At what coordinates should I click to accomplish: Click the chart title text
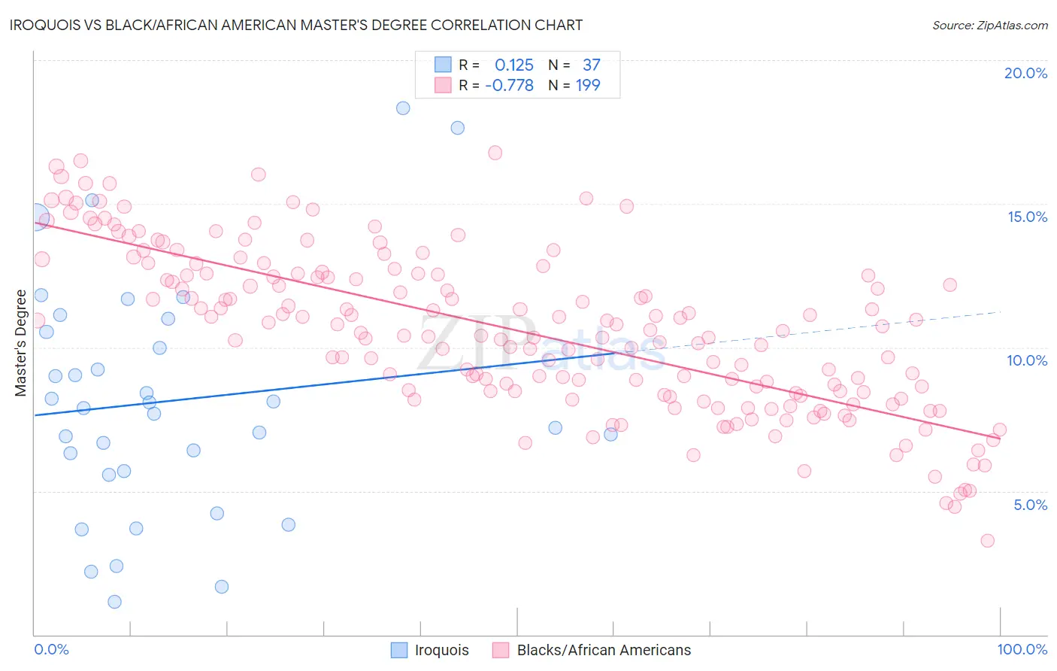pos(297,25)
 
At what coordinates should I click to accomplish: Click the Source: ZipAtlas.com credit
pos(989,25)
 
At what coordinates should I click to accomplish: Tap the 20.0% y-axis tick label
pos(1025,73)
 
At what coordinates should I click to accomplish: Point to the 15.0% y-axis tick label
pos(1027,217)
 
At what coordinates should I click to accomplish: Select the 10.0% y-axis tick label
pos(1027,360)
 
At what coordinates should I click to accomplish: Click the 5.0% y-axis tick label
pos(1030,505)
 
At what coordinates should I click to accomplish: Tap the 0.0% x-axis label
pos(52,649)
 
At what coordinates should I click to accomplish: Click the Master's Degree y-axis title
pos(21,343)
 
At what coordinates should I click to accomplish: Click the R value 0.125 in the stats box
pos(514,65)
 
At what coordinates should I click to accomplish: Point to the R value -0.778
pos(509,86)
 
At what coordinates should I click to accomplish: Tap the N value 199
pos(588,86)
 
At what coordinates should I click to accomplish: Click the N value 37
pos(591,65)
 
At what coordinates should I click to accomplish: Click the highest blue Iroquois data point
pos(403,108)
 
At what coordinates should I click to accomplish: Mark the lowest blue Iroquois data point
pos(114,601)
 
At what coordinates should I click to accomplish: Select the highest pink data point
pos(495,153)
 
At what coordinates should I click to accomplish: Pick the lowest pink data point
pos(988,541)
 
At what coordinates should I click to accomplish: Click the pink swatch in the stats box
pos(444,86)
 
